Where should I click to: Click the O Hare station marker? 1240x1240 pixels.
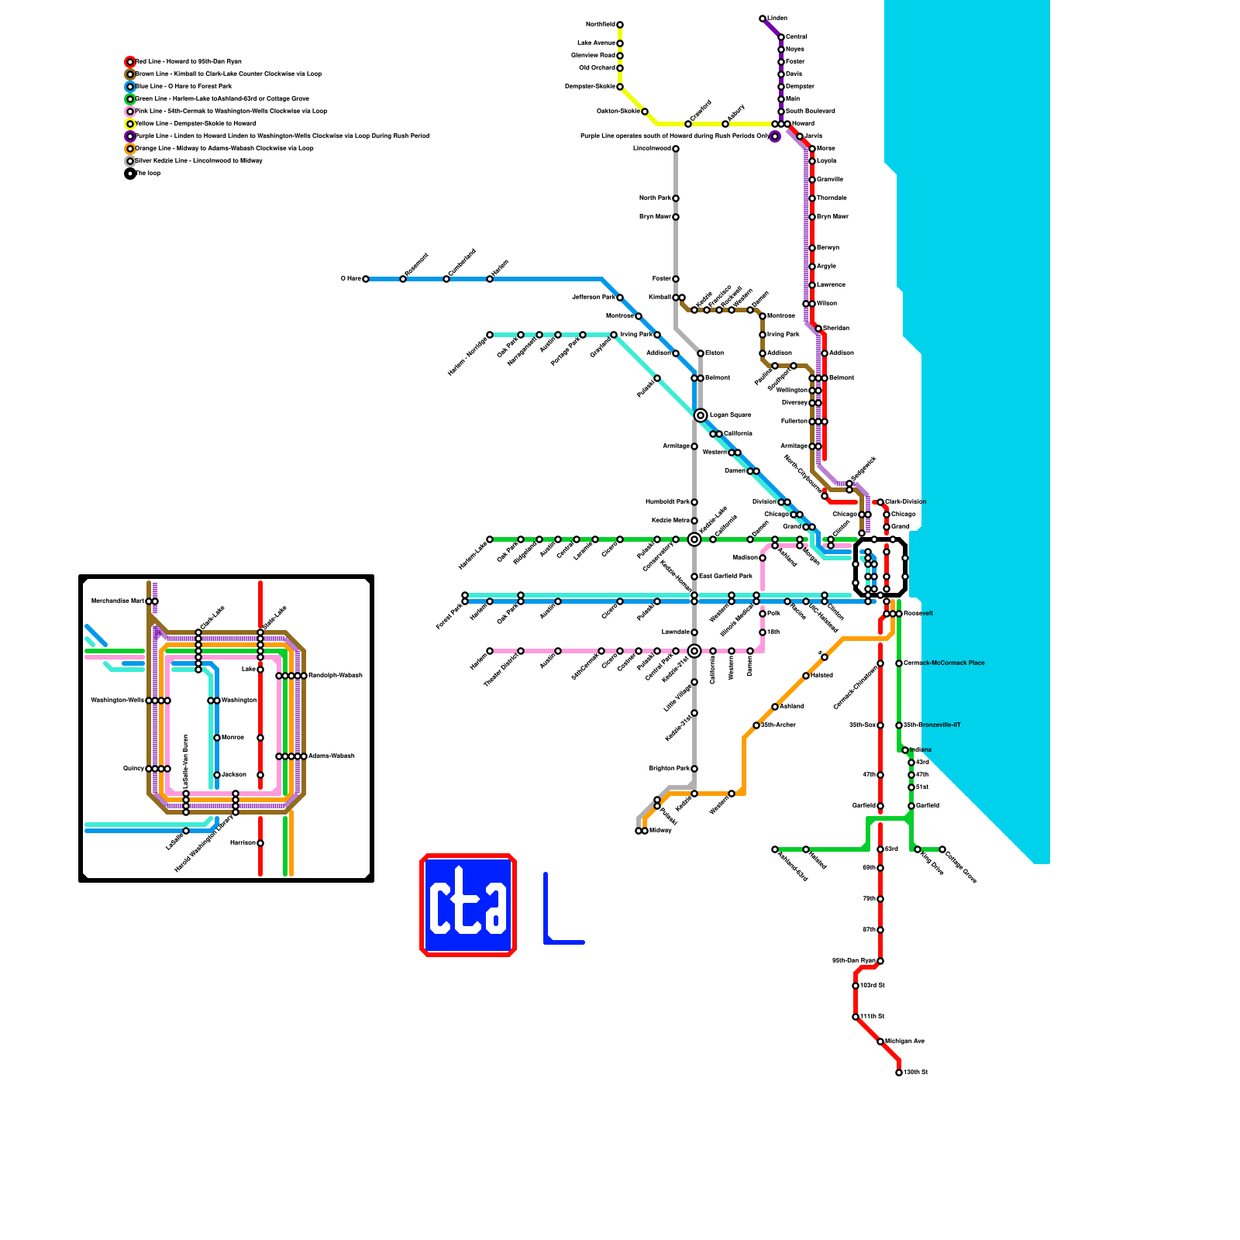366,279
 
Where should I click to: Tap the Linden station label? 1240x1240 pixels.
777,18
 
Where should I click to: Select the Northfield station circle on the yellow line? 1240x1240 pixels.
620,25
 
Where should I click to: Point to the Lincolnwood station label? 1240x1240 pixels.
652,148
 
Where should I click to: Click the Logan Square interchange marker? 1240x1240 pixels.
701,415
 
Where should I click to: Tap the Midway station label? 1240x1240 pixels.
660,831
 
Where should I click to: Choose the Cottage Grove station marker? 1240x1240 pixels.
942,849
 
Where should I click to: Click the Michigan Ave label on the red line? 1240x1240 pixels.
904,1041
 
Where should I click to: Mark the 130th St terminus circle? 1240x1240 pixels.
899,1073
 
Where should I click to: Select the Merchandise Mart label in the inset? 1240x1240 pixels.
117,601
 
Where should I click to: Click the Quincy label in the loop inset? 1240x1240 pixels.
133,768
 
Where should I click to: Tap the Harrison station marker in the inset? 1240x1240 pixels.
260,843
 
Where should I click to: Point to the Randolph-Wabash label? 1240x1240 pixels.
335,675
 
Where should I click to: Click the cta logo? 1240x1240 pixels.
468,905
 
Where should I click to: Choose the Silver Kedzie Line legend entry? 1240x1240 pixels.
198,160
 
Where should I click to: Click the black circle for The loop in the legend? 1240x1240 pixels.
130,174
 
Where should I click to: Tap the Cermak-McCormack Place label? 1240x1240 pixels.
944,663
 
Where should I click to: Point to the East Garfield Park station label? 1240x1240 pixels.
725,576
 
